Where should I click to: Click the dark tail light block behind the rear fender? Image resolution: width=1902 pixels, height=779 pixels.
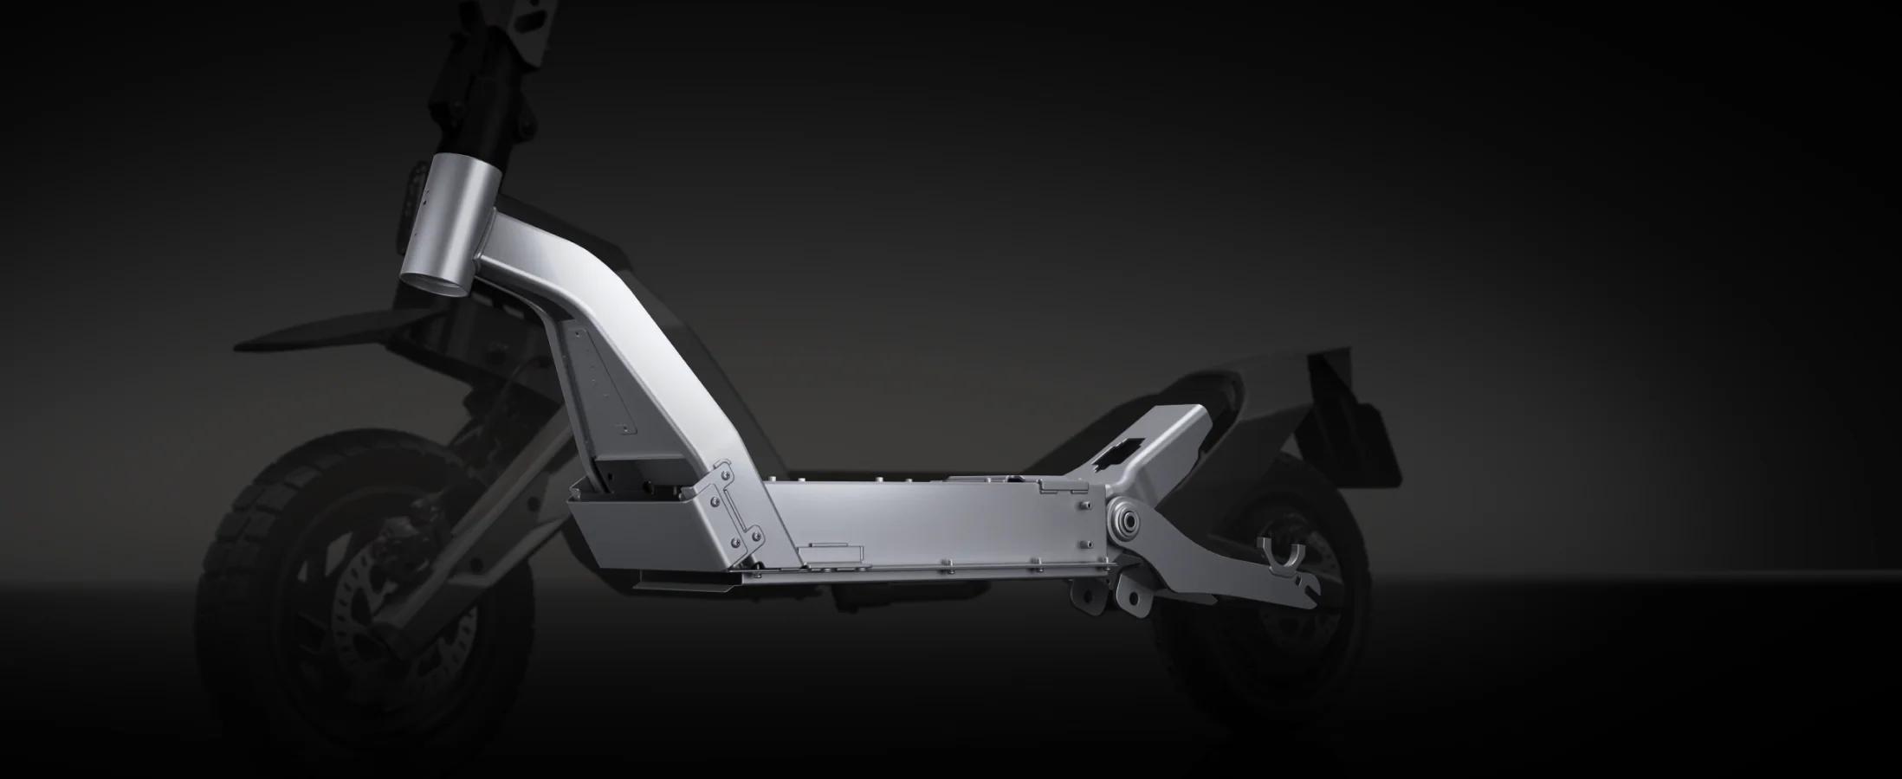tap(1368, 441)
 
